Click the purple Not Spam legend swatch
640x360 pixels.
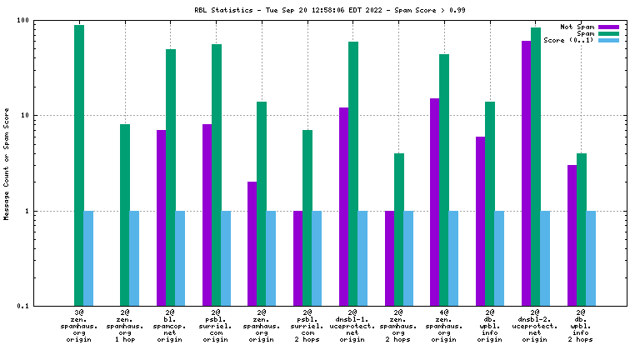[609, 27]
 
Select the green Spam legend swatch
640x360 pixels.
[609, 33]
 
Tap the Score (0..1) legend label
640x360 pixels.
[568, 40]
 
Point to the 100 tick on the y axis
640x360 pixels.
[22, 20]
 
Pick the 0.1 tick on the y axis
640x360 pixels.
[22, 307]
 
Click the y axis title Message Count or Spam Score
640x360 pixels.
[7, 163]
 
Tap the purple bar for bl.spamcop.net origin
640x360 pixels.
[161, 217]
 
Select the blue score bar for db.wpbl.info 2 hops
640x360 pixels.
[591, 258]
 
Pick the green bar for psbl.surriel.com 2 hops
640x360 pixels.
[307, 217]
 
